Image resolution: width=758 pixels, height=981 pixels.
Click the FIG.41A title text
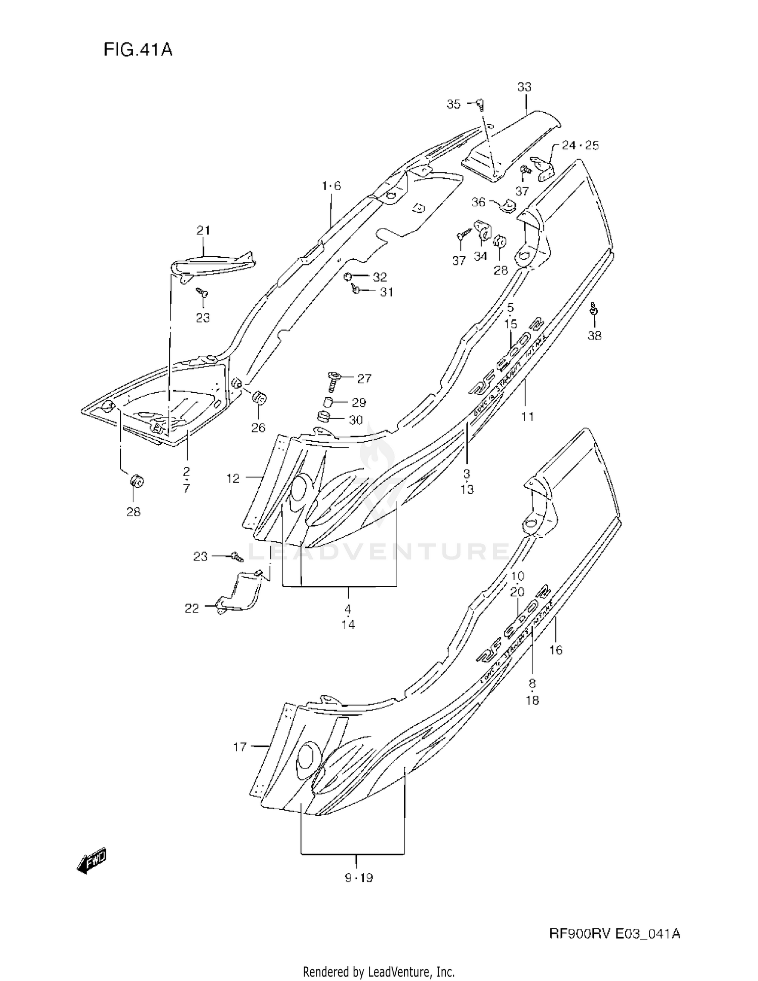coord(138,50)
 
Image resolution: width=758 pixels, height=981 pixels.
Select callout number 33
coord(524,87)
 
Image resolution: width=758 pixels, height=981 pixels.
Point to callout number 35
coord(453,104)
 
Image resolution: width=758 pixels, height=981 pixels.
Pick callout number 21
coord(203,230)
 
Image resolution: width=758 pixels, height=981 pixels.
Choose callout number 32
coord(380,277)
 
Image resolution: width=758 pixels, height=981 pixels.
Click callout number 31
coord(387,292)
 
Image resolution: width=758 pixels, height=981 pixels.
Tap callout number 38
coord(594,336)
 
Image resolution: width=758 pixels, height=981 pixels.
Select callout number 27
coord(364,379)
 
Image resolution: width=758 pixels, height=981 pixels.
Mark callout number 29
coord(359,403)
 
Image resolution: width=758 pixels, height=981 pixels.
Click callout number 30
coord(356,420)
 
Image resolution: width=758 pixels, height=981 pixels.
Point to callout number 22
coord(192,609)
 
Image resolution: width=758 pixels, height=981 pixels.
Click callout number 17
coord(240,746)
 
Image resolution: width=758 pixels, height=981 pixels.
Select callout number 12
coord(233,478)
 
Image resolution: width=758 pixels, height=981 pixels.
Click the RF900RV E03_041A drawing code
coord(614,934)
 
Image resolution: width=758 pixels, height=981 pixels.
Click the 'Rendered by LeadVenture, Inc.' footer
coord(378,972)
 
